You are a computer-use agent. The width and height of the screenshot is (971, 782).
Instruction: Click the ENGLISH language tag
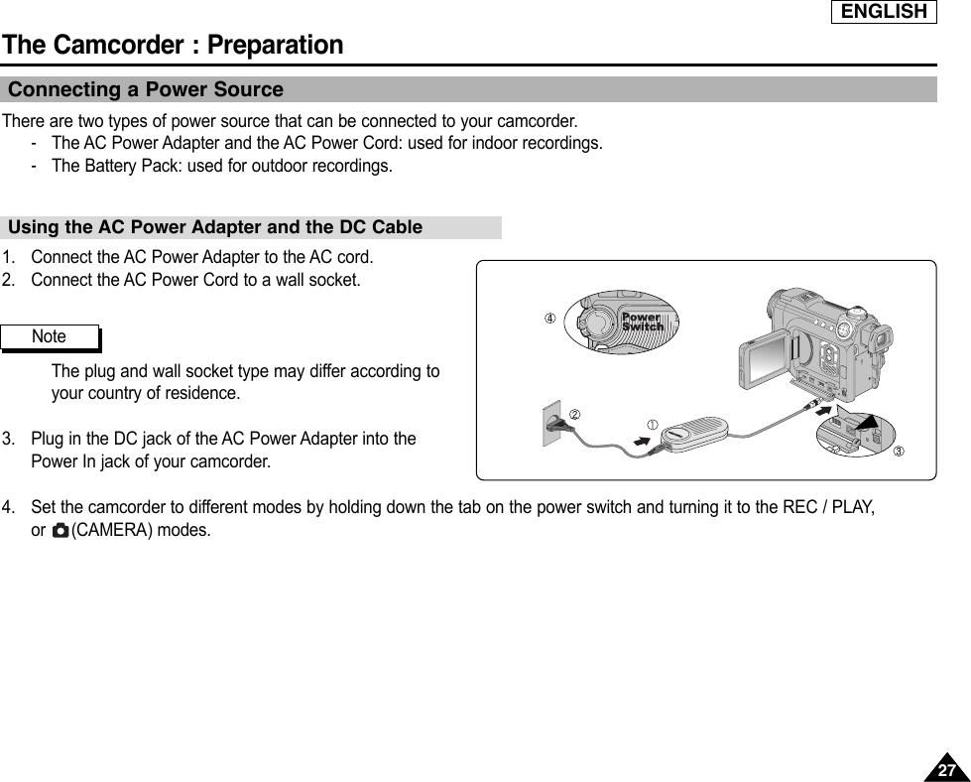884,12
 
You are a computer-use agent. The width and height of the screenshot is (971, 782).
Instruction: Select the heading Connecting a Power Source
146,90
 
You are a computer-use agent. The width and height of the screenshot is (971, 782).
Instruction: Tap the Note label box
50,337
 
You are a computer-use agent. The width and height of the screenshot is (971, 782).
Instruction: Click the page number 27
947,770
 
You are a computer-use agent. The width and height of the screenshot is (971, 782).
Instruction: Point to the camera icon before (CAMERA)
61,531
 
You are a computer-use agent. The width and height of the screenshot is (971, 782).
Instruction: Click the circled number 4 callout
546,319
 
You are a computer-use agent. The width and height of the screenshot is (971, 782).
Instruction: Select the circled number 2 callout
573,413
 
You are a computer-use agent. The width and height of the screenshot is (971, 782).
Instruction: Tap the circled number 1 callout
654,426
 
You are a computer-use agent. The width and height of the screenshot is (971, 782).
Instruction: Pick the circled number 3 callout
900,453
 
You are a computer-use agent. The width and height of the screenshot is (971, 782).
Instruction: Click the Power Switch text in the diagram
642,323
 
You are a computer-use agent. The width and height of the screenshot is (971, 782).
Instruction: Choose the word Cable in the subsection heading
397,227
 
